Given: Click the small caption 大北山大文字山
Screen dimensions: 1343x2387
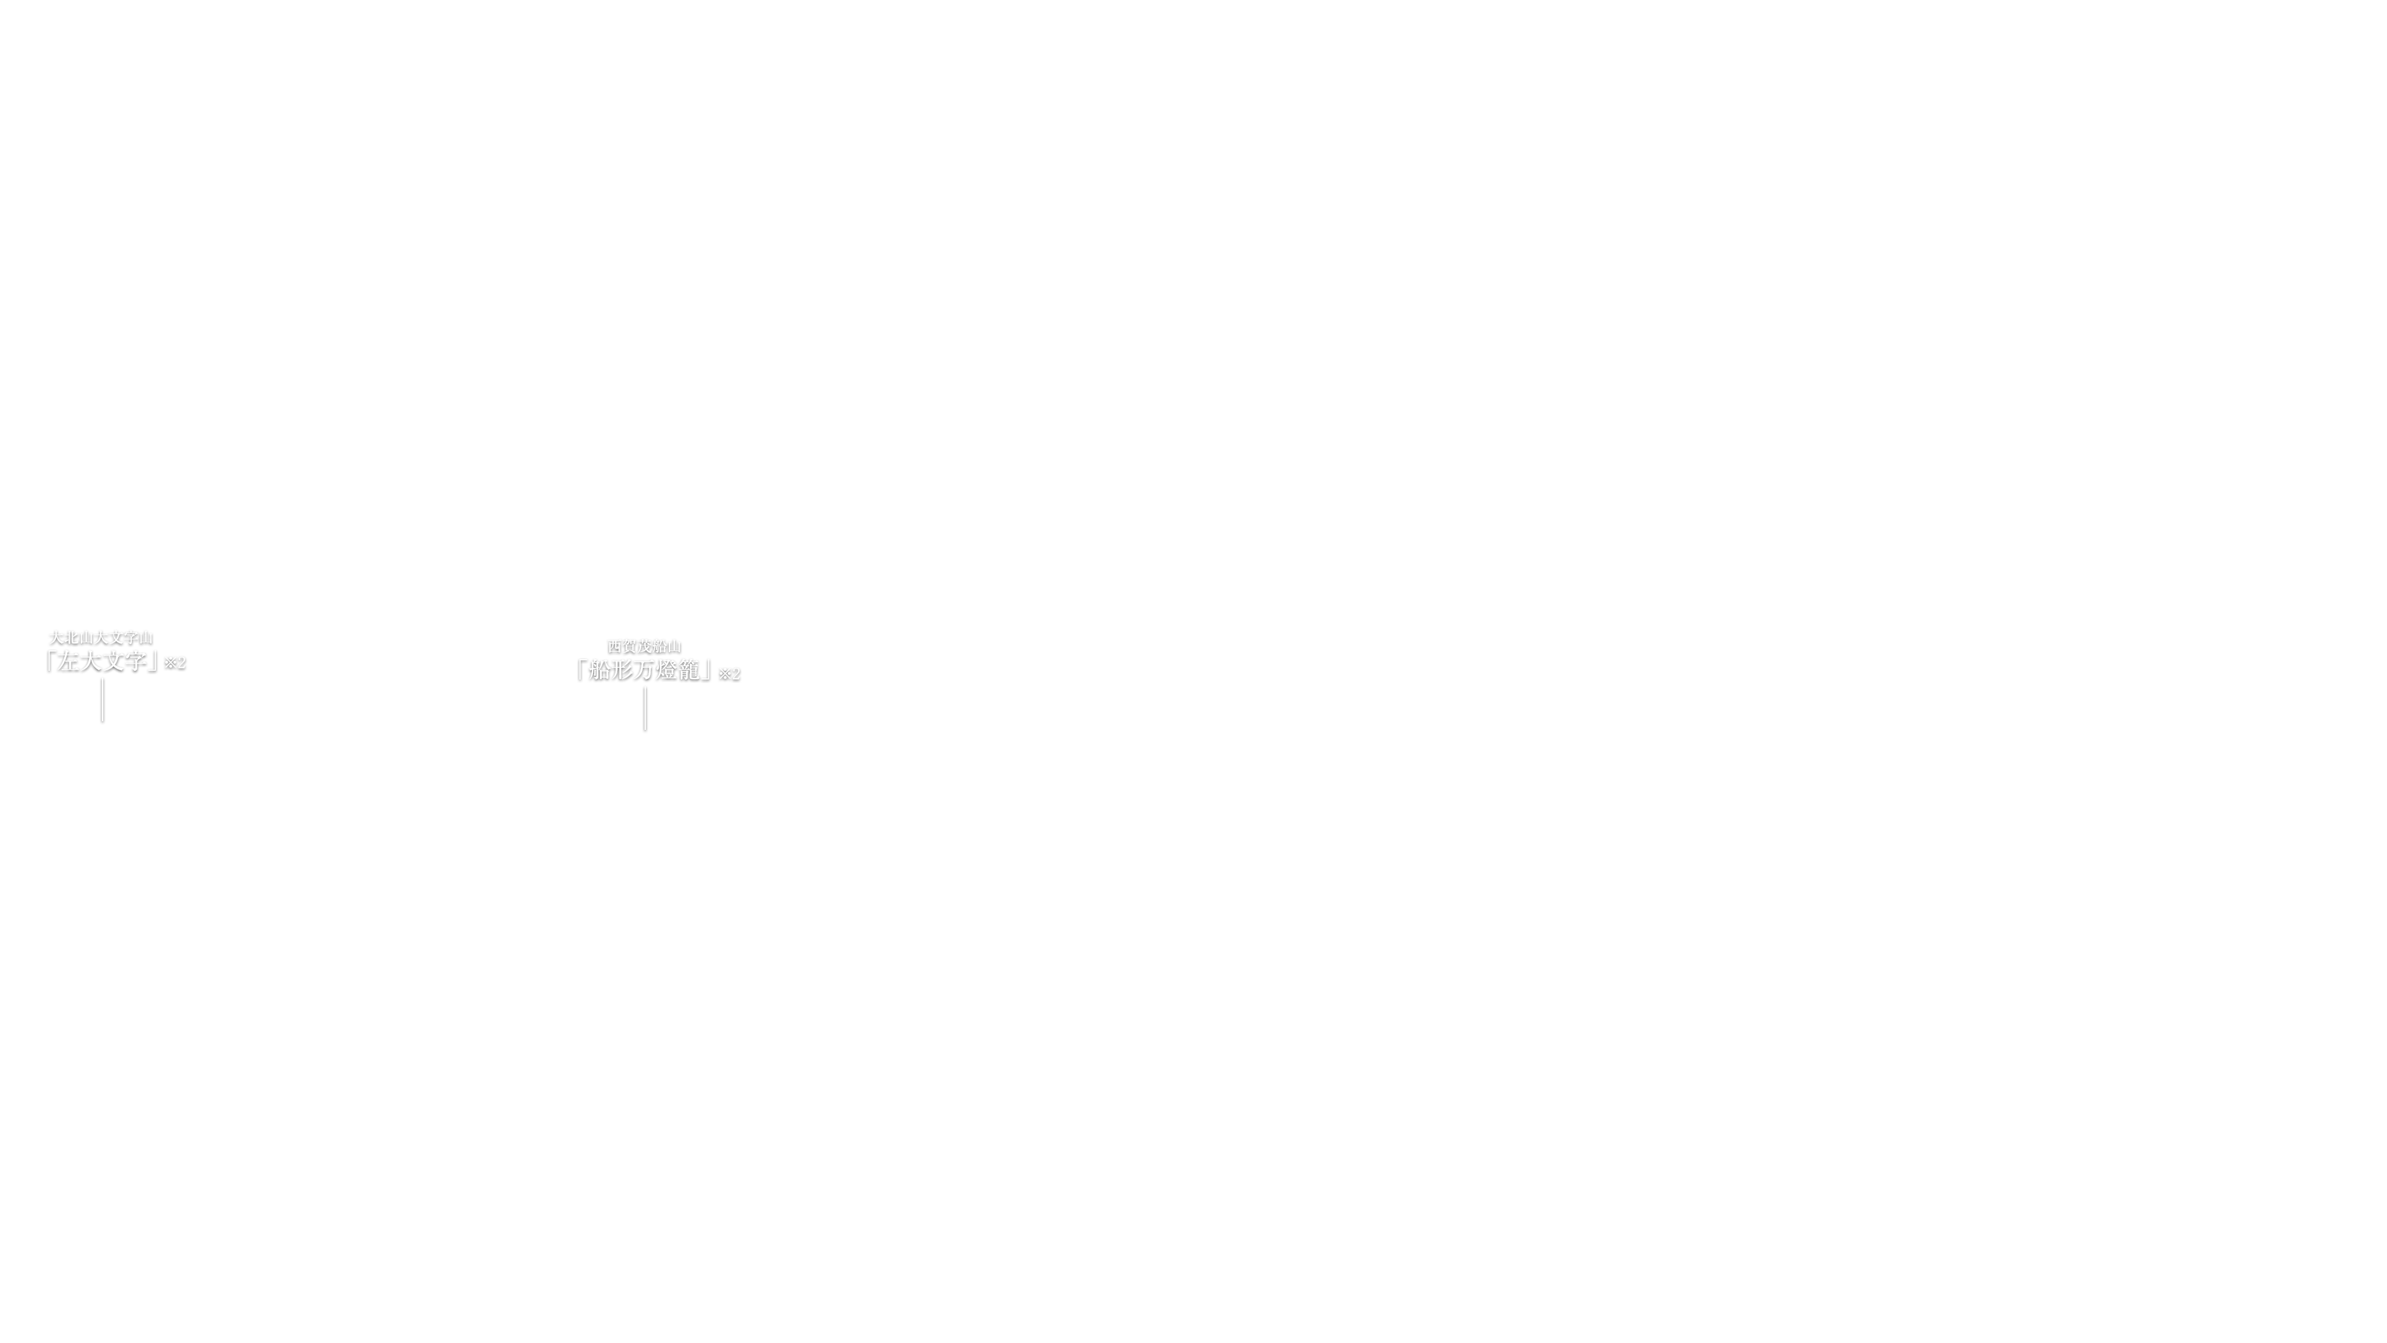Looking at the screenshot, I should coord(101,638).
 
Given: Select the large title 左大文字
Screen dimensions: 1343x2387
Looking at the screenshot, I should coord(101,662).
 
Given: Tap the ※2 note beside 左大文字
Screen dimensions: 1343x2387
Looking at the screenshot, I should coord(175,663).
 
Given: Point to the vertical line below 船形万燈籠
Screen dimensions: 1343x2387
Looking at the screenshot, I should coord(645,709).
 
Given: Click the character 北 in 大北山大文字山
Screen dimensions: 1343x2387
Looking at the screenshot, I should coord(70,638).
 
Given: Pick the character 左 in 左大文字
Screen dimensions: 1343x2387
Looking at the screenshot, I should coord(67,662).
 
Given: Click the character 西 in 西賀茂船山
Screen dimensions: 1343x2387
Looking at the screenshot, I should coord(614,646).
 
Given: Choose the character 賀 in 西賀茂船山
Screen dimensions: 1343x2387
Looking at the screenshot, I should coord(629,646).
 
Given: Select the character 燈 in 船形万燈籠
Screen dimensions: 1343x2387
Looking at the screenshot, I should coord(667,670).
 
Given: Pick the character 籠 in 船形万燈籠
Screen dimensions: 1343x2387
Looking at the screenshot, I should coord(689,670).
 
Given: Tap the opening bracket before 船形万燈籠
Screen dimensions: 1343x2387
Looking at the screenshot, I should coord(580,669).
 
